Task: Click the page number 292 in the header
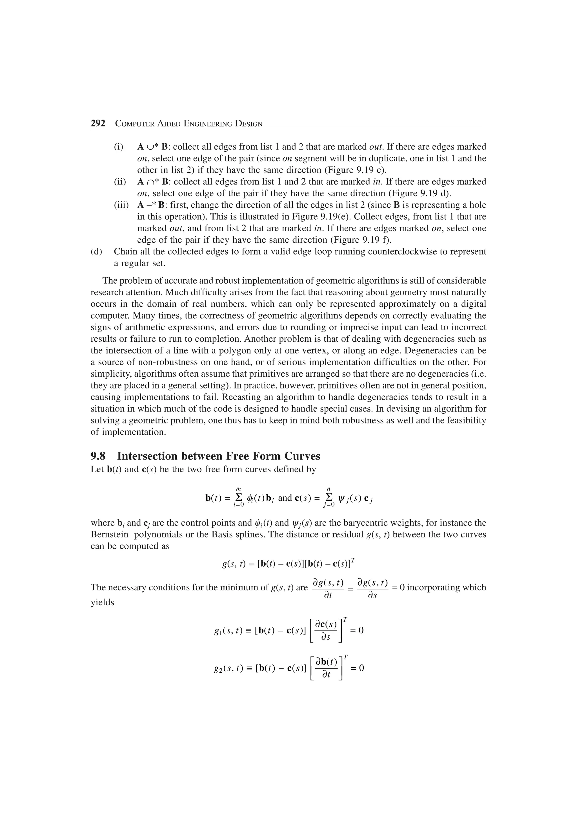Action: (x=98, y=123)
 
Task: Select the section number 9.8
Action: (x=98, y=456)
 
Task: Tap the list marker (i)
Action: (x=118, y=147)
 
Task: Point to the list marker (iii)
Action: (x=121, y=205)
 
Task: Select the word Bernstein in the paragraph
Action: (x=109, y=535)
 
